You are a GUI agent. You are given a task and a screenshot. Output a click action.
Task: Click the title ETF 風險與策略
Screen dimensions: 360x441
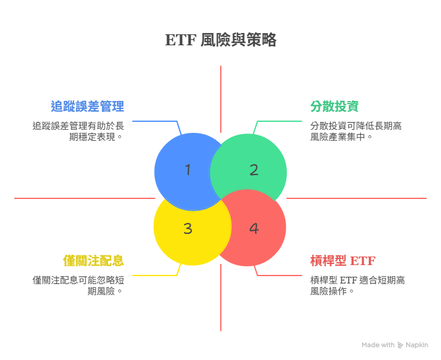[220, 40]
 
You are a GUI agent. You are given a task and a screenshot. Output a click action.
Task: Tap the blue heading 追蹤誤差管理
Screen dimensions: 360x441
[87, 106]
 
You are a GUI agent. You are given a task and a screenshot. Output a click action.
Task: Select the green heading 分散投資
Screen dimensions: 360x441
[334, 106]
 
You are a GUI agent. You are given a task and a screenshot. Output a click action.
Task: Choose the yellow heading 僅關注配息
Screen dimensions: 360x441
[94, 260]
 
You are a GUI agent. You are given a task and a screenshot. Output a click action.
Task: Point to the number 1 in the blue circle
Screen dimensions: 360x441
[188, 170]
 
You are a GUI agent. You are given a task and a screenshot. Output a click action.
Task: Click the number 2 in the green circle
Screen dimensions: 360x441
[254, 170]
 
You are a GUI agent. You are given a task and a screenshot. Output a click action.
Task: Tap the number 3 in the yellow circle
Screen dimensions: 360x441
[188, 228]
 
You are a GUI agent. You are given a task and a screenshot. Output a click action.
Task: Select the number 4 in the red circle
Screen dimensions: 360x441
[254, 228]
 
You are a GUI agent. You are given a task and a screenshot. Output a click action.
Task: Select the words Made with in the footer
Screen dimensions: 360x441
[377, 345]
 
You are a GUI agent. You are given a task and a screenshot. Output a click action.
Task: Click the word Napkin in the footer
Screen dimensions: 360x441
[417, 345]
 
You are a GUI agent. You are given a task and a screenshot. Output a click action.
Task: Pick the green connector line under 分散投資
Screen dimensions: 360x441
[281, 121]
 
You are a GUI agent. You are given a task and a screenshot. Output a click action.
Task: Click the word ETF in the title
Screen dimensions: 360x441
[180, 40]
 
